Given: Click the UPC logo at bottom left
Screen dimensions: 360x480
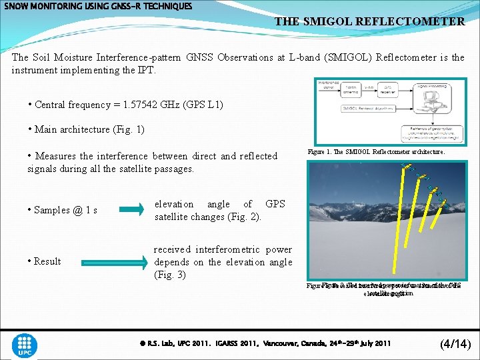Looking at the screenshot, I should point(25,345).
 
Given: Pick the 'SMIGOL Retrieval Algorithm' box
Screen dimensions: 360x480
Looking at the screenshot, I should point(367,108).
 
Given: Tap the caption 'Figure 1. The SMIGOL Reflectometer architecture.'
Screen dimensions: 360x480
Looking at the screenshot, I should point(376,152).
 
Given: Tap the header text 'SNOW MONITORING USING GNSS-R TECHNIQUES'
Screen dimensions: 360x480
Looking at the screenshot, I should point(99,6).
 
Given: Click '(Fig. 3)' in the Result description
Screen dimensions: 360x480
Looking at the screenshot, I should point(170,275).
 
